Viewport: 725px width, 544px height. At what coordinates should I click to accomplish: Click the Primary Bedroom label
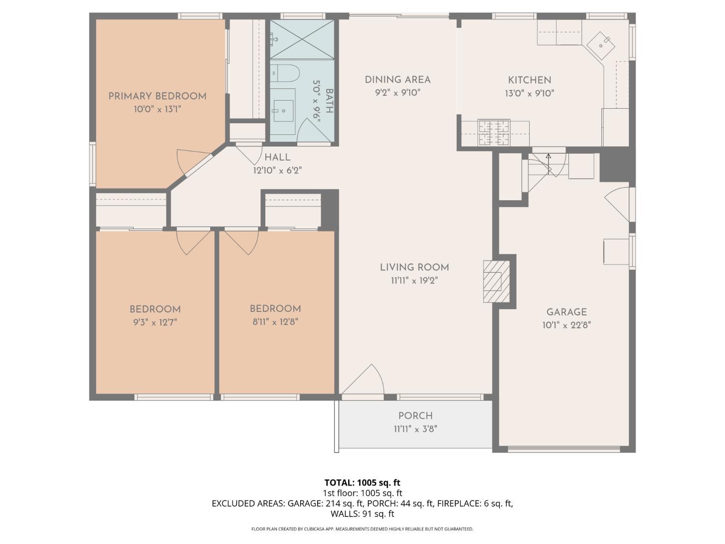coord(157,96)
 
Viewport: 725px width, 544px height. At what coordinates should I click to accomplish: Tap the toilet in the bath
coord(284,73)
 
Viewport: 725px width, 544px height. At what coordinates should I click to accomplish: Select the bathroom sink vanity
coord(282,111)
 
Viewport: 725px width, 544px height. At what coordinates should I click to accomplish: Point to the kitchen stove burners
coord(493,132)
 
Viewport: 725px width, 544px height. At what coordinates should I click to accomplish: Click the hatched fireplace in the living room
coord(496,281)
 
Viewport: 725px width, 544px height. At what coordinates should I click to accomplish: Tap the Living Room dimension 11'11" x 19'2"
coord(414,280)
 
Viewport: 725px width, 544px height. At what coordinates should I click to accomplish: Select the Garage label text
coord(566,312)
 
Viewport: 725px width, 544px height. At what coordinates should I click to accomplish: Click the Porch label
coord(415,416)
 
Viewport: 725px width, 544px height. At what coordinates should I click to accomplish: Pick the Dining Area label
coord(397,80)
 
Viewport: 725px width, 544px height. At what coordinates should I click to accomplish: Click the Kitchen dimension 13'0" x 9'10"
coord(529,93)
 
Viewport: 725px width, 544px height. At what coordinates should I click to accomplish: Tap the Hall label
coord(277,157)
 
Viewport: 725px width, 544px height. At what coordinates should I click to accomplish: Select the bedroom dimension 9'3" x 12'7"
coord(155,323)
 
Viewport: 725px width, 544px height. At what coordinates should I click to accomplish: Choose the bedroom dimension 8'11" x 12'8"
coord(275,322)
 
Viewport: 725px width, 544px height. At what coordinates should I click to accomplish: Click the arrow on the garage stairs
coord(549,157)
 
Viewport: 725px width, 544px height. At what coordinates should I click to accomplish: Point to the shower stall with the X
coord(302,39)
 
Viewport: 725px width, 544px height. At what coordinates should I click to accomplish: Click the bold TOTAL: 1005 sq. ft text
coord(362,482)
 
